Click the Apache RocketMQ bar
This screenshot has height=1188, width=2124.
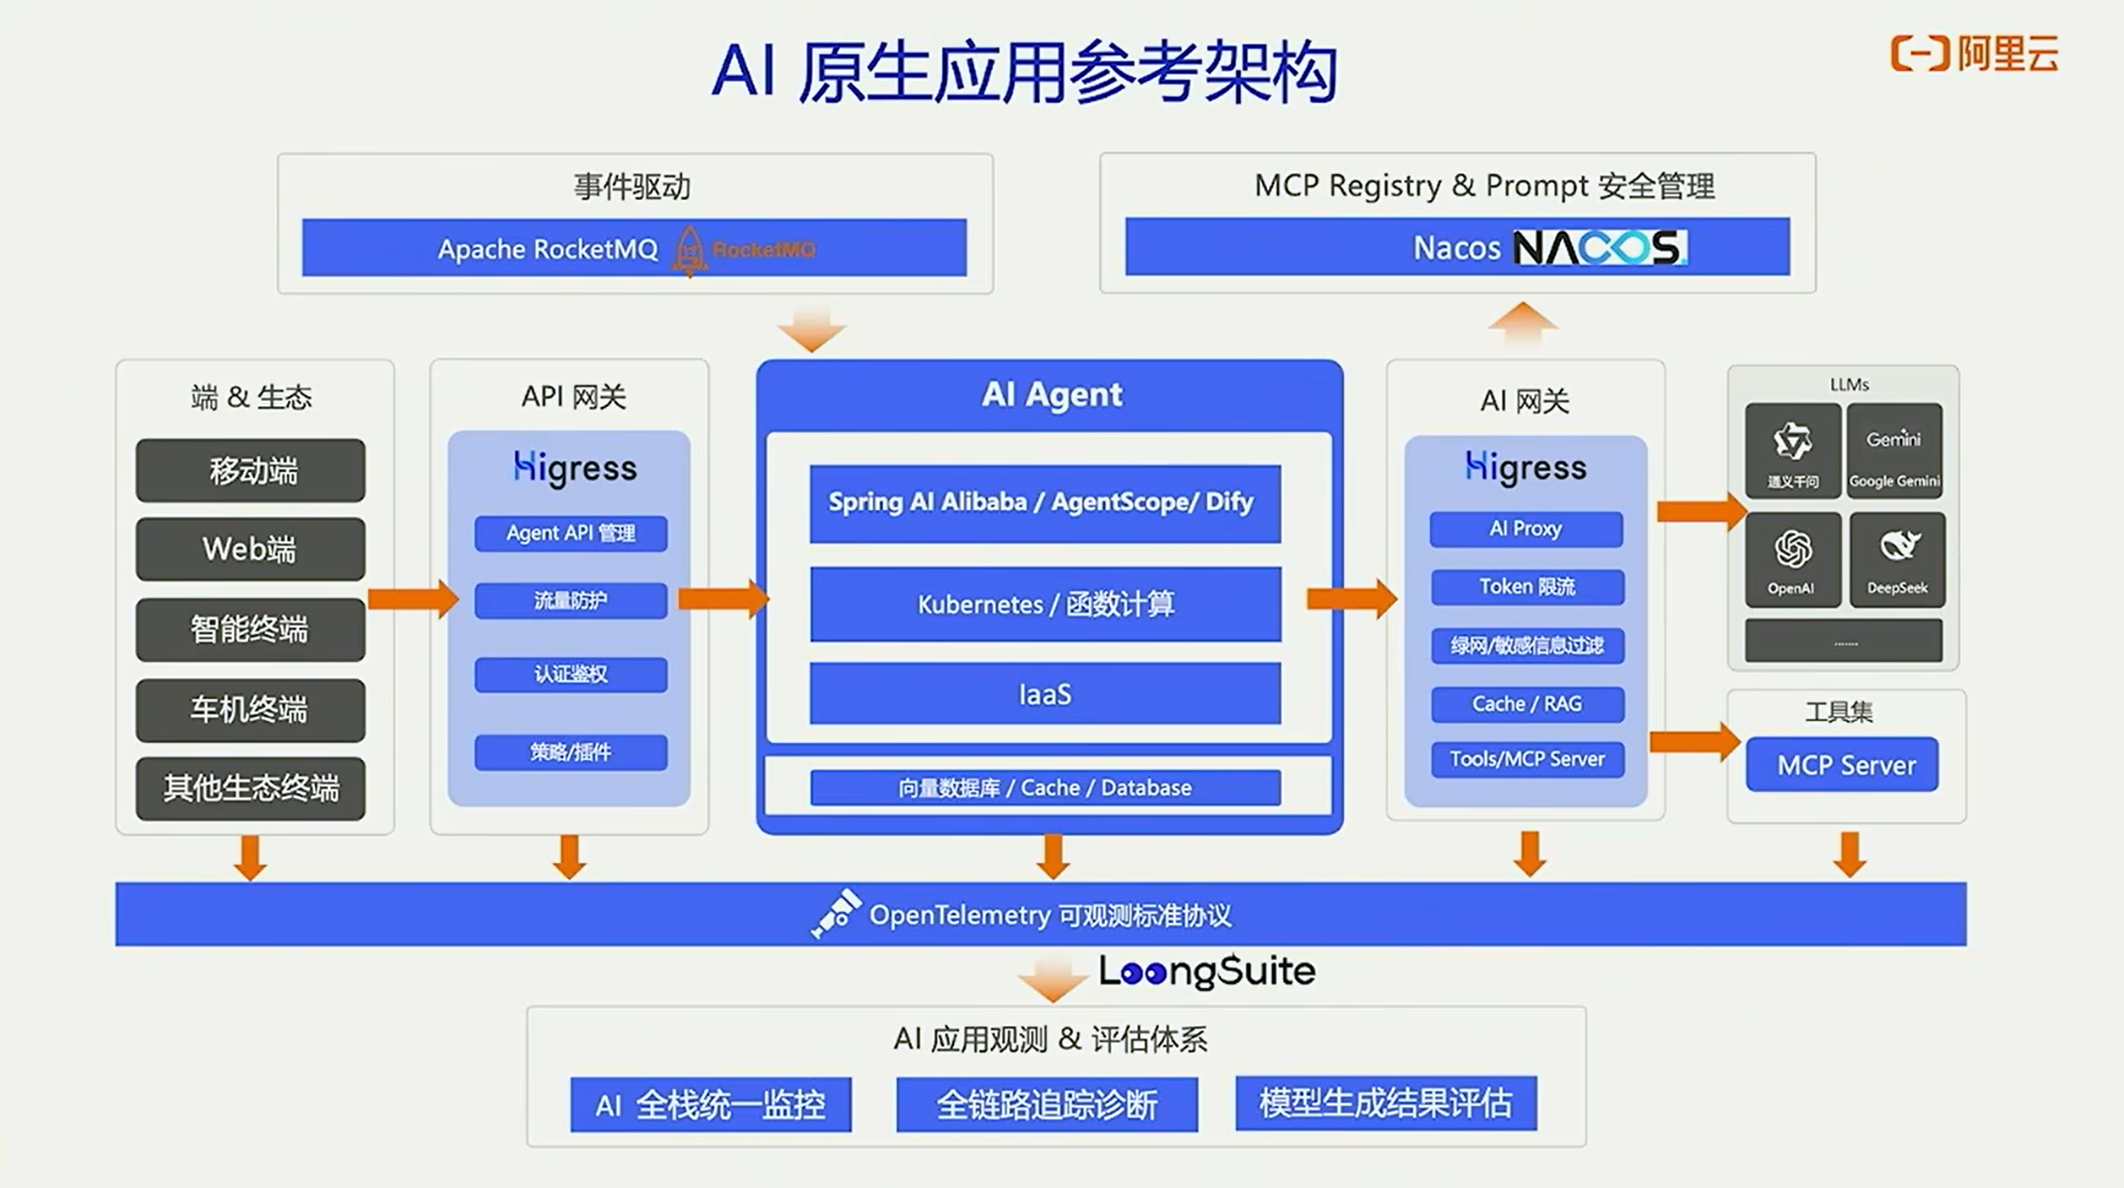[633, 247]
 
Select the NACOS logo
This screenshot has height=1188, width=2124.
[1599, 247]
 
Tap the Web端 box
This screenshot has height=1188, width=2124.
[250, 549]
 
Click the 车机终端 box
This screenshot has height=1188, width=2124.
[250, 709]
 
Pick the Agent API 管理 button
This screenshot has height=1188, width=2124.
[571, 533]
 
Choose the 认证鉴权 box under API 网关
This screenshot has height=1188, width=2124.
[571, 674]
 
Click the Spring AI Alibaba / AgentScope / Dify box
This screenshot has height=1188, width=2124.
[1044, 503]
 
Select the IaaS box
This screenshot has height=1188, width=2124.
[1044, 694]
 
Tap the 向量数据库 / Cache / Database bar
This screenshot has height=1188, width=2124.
[1044, 788]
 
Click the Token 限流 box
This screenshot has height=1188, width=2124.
[1526, 586]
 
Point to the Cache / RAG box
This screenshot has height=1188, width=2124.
[1526, 703]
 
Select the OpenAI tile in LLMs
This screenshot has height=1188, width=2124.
[1792, 559]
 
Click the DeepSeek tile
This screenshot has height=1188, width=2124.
[1897, 559]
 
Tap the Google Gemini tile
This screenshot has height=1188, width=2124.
[1894, 452]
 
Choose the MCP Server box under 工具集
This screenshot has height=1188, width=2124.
[1842, 765]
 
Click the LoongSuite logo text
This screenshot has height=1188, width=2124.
[1206, 972]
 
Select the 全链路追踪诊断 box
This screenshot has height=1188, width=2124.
[1046, 1104]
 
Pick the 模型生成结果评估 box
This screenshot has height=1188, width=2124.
[1385, 1102]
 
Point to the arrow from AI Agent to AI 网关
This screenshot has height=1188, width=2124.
[1350, 599]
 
